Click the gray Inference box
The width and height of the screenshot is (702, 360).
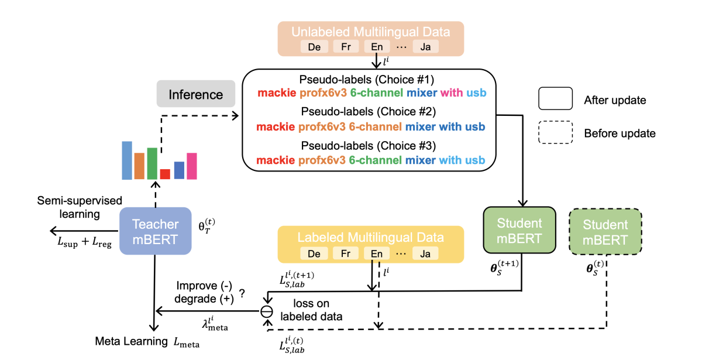(x=196, y=94)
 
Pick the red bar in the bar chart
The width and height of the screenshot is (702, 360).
(x=165, y=174)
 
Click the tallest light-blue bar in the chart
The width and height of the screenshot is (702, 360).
(x=127, y=160)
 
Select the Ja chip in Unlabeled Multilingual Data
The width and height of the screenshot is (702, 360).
(x=425, y=47)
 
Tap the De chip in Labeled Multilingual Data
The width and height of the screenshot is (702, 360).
(x=314, y=254)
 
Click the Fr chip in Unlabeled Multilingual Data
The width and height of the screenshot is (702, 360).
(x=346, y=47)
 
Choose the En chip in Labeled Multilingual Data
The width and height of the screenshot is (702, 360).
(x=376, y=254)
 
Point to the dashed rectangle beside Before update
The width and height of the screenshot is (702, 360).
(x=555, y=133)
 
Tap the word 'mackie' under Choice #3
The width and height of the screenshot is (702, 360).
(x=276, y=160)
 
